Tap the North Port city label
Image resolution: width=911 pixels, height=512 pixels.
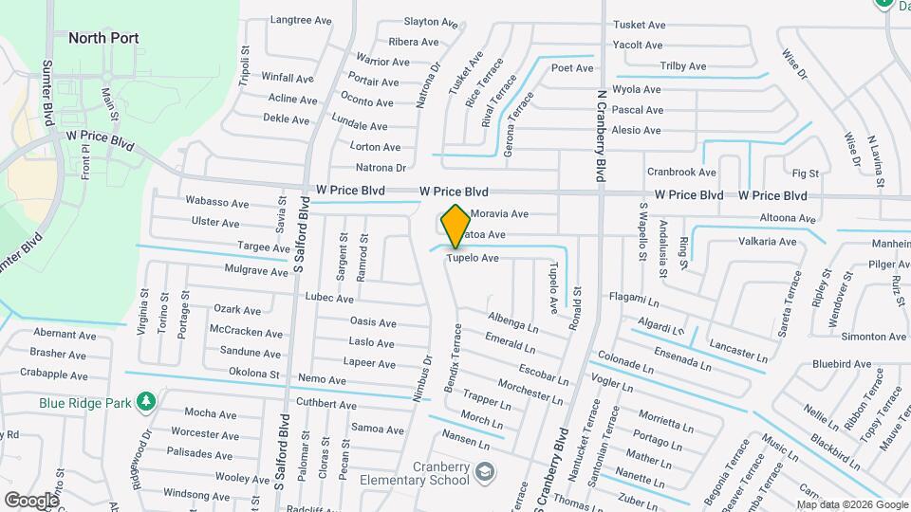tap(103, 38)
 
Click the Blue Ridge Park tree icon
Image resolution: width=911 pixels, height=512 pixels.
tap(145, 402)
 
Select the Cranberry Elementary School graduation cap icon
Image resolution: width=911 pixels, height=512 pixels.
tap(485, 471)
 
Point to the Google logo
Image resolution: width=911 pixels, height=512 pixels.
tap(31, 500)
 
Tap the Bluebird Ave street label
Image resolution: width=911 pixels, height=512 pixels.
tap(842, 362)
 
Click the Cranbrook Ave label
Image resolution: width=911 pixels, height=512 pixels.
tap(681, 172)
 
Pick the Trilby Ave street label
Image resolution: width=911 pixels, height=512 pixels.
tap(683, 66)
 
